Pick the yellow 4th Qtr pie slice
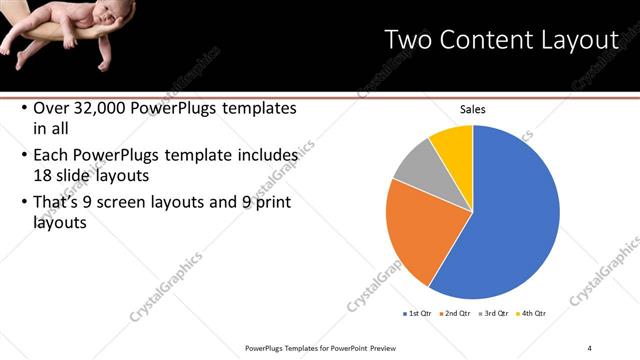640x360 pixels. pyautogui.click(x=453, y=145)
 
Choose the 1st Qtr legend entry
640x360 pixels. pyautogui.click(x=419, y=313)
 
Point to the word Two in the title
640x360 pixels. pyautogui.click(x=408, y=40)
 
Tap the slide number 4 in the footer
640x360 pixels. pyautogui.click(x=590, y=347)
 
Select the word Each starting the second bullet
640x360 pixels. pyautogui.click(x=53, y=156)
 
